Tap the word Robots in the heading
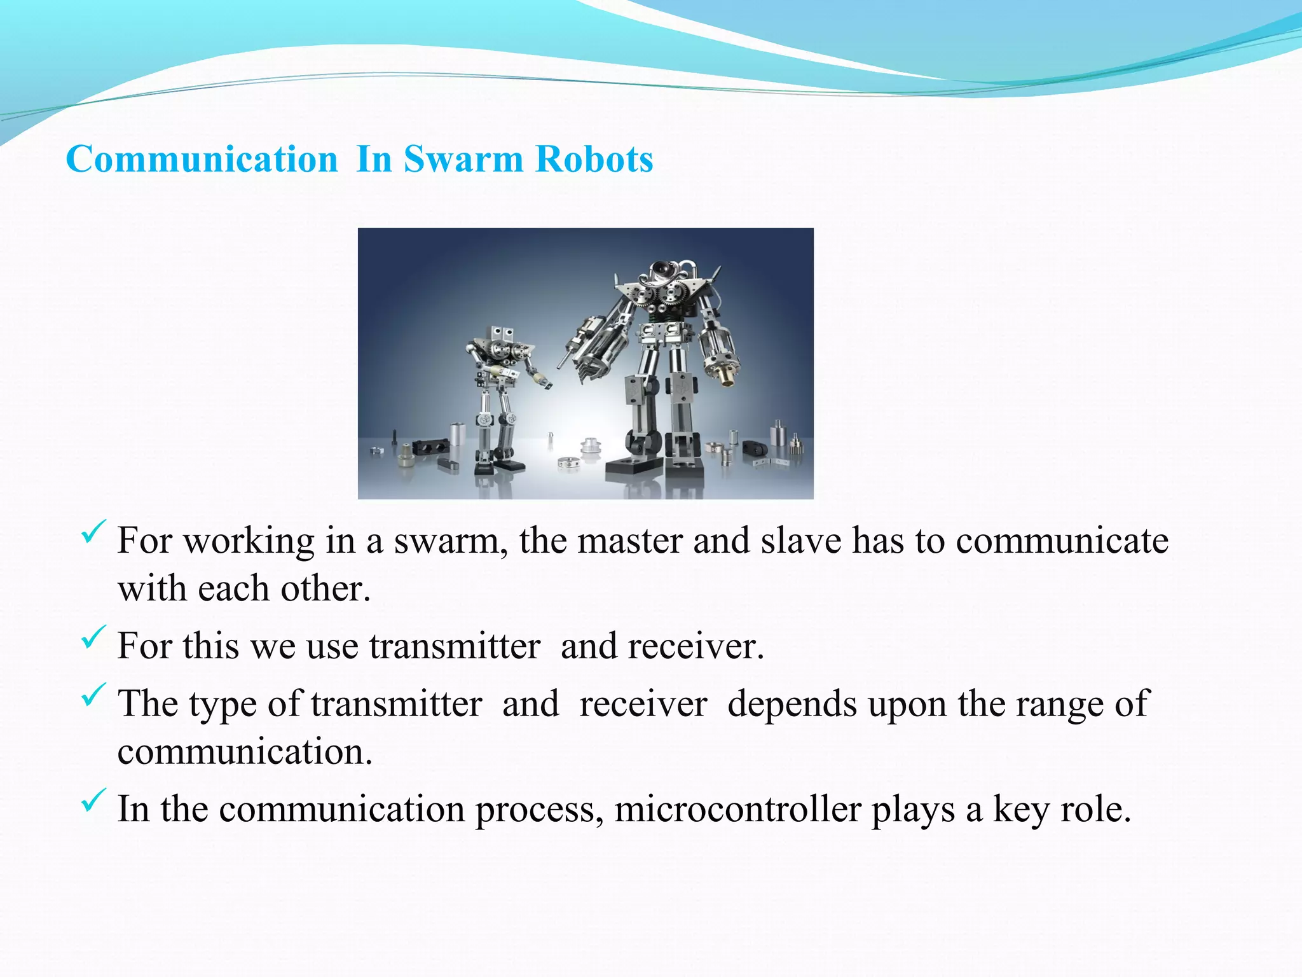click(x=594, y=159)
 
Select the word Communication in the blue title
click(x=202, y=159)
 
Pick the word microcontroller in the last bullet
click(x=737, y=810)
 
